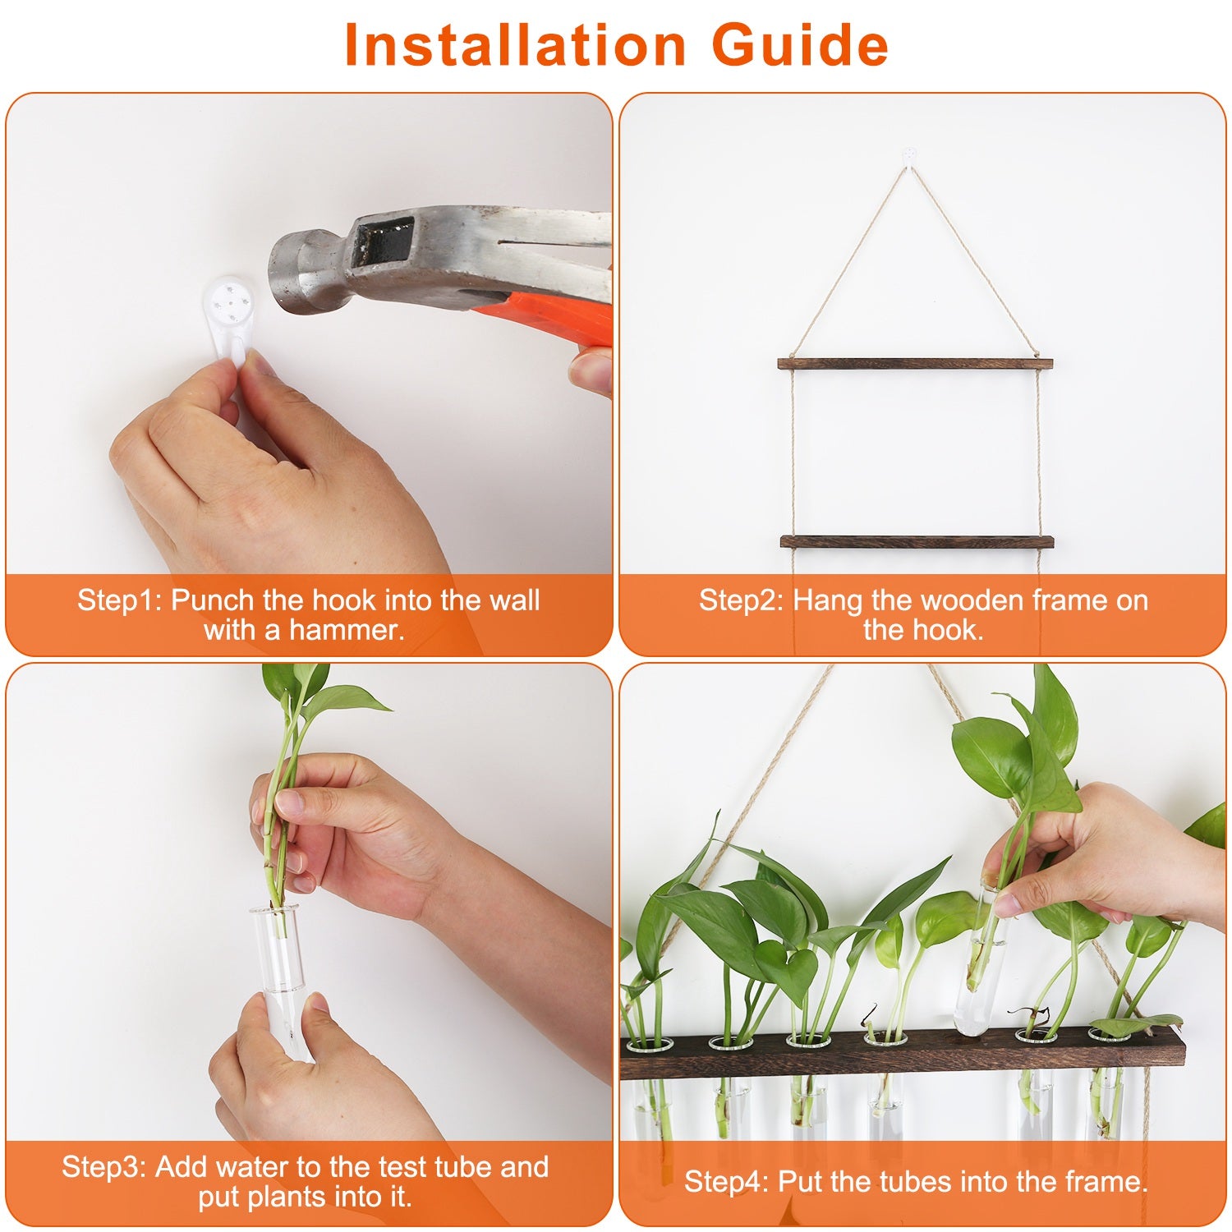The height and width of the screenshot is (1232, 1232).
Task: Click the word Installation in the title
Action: (x=514, y=45)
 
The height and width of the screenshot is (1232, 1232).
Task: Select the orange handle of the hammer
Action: (x=559, y=316)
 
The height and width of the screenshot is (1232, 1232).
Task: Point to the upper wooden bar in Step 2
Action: (x=915, y=364)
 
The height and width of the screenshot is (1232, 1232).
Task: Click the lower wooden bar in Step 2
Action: (x=916, y=542)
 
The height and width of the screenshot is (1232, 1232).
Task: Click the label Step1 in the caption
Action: (x=119, y=600)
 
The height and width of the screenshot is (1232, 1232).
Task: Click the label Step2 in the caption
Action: (x=741, y=600)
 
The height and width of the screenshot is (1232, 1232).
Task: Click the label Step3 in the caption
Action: (x=103, y=1167)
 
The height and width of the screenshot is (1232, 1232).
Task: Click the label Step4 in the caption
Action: (x=726, y=1182)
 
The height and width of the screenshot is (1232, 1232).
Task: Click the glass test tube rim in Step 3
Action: (x=274, y=910)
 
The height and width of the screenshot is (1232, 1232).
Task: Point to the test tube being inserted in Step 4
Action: (x=983, y=961)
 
